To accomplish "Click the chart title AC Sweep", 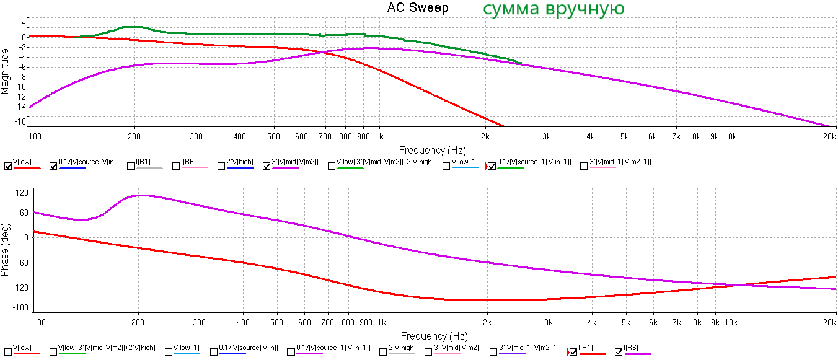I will (417, 8).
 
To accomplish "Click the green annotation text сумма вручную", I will (553, 9).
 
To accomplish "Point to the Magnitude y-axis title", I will (6, 71).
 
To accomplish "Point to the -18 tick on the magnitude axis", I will (21, 121).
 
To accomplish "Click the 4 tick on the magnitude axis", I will (24, 22).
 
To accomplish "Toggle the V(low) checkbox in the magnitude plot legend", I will (7, 165).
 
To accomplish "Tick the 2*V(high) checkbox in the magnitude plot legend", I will (221, 165).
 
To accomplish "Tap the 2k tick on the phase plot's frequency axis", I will (487, 323).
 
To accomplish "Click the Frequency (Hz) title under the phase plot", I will (432, 336).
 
